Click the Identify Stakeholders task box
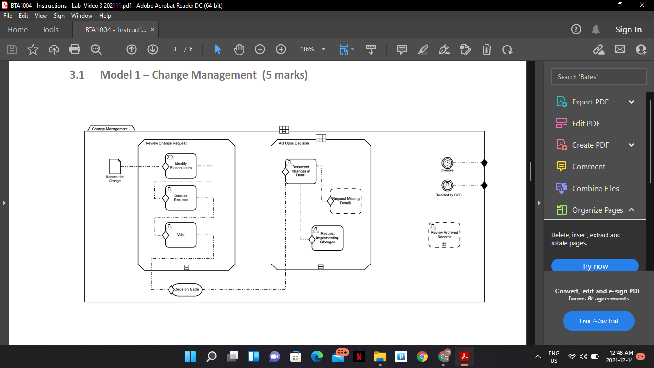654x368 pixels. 181,166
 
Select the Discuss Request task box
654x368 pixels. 181,198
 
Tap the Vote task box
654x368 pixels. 181,235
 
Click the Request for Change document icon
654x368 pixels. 114,166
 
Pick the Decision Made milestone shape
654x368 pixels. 187,289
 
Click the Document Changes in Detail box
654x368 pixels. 301,171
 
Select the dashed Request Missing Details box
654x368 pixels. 346,201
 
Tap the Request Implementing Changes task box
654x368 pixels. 327,238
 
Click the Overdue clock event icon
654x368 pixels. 447,163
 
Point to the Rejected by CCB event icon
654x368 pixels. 447,185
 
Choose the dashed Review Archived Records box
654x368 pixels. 444,235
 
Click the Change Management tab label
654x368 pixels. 110,129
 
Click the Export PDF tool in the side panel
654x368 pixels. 590,102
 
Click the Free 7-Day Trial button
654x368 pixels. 598,321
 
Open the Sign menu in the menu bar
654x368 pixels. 59,16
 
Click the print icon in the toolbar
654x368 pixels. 75,49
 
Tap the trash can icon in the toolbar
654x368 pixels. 486,49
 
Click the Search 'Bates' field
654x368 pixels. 598,77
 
